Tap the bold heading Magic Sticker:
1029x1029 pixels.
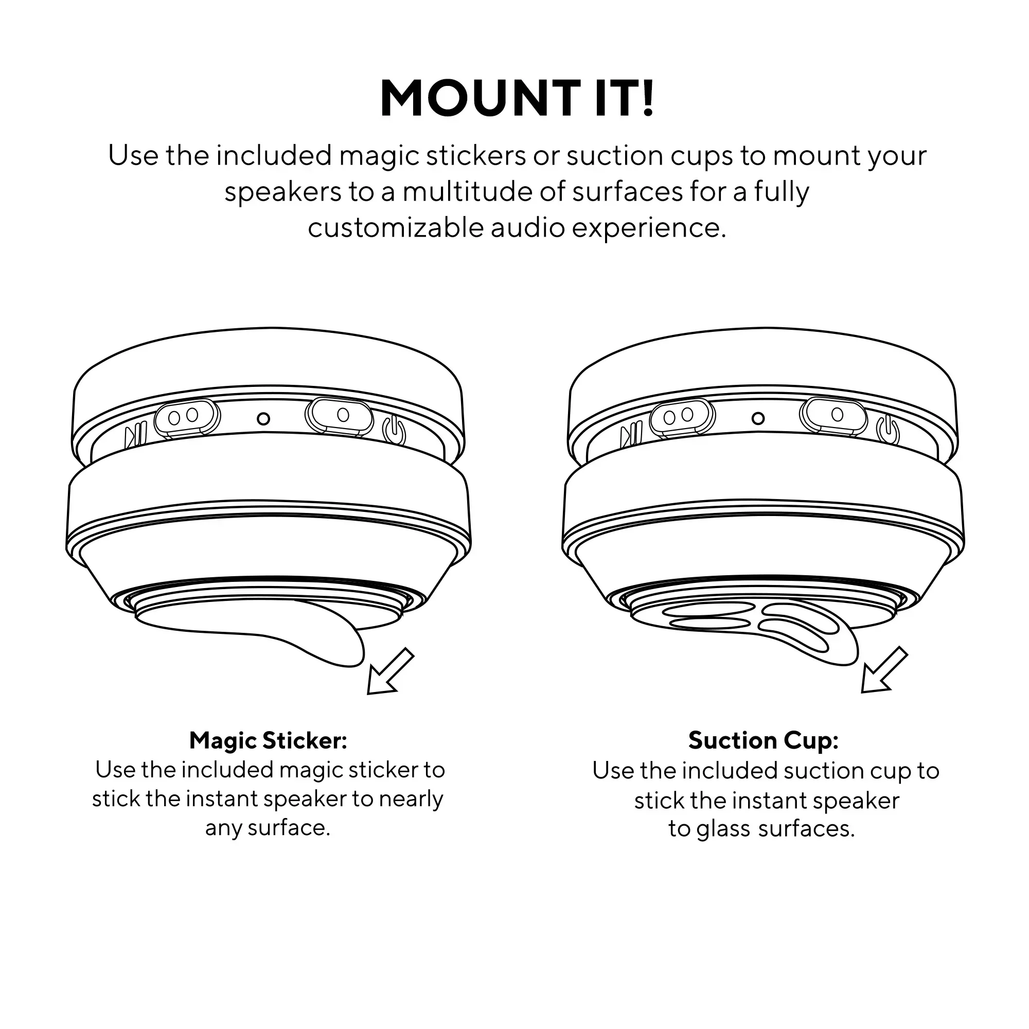[268, 741]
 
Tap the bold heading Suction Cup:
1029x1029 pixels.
[763, 741]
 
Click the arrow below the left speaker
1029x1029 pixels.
[391, 671]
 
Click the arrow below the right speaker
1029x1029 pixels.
[884, 670]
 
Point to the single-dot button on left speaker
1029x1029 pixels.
[339, 415]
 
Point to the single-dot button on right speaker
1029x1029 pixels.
[833, 414]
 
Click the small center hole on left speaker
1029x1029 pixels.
[263, 419]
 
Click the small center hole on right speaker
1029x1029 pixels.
[758, 418]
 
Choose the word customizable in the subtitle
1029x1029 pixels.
[395, 228]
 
